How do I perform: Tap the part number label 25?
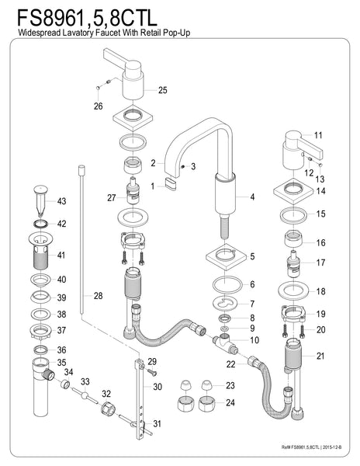click(162, 91)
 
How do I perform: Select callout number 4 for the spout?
click(251, 197)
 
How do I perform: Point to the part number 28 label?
click(97, 295)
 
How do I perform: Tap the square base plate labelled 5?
click(225, 256)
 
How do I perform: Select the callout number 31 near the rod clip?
click(158, 424)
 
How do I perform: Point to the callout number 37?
click(61, 331)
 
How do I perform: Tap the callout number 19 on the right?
click(320, 314)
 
